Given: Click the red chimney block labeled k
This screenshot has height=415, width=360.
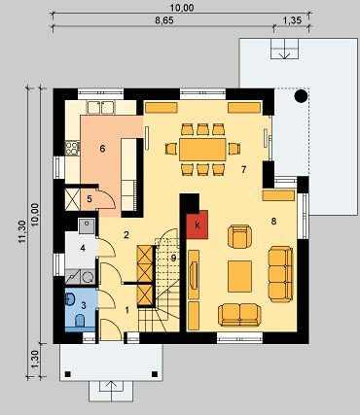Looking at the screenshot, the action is coord(197,225).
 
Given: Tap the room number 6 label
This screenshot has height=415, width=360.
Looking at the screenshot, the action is coord(102,149).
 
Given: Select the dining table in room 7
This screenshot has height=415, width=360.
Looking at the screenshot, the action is coord(202,150).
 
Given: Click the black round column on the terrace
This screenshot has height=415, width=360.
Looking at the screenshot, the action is coord(301,96).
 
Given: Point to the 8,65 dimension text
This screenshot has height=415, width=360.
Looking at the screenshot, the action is coord(164,20).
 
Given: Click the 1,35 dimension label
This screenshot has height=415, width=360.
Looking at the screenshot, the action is coord(292,20).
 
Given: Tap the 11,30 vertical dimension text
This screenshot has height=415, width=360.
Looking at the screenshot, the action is coord(21,231).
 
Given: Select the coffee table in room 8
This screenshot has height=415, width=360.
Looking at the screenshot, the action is coord(239,276).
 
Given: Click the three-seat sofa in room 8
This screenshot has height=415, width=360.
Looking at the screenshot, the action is coord(281,274).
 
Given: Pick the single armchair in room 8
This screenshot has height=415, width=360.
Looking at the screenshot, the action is coord(240,237).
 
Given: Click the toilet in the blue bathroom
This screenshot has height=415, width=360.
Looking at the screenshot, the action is coord(80,321).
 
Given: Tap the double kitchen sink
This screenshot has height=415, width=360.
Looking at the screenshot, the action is coord(100,107).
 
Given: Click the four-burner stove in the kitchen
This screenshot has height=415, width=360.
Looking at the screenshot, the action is coord(73,148).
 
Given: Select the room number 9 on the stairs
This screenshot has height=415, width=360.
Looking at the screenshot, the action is coord(173,259).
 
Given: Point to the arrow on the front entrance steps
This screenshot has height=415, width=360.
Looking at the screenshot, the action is coord(111,390).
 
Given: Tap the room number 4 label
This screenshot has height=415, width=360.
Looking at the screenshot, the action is coord(83,249).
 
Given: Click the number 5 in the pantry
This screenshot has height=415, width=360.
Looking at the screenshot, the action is coord(90,199).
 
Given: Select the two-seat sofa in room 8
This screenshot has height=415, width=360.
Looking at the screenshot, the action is coord(239,315).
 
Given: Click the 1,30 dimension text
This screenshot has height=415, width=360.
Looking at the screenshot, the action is coord(36,359).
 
